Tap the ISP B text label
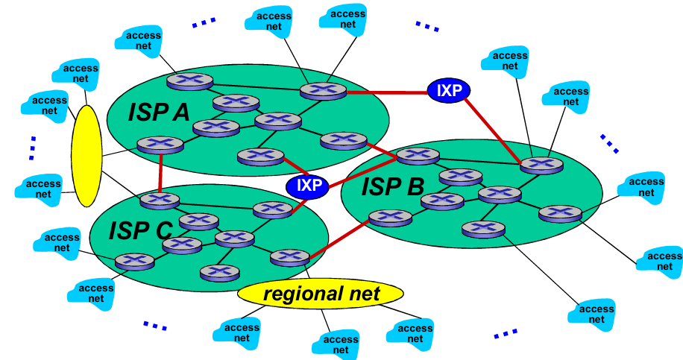393,186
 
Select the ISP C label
139,230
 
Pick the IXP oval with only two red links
450,90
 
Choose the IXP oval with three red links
307,184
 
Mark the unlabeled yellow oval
86,156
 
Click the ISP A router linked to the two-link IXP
323,90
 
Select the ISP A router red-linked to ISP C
160,145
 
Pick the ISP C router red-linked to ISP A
160,200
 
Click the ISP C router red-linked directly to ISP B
290,258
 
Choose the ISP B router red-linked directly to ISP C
390,218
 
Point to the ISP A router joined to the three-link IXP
260,156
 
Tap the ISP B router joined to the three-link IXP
418,155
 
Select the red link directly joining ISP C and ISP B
340,238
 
